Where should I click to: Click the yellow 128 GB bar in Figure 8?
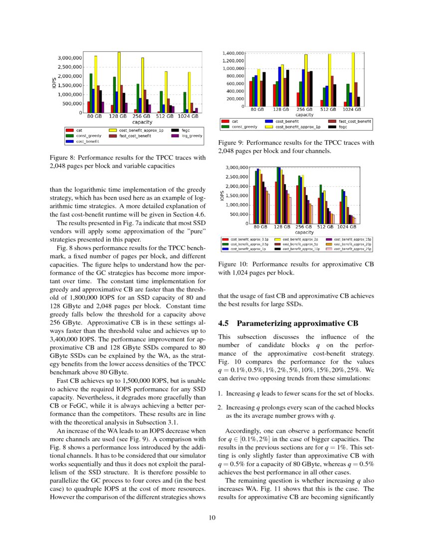(119, 82)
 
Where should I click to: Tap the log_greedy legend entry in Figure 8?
(184, 135)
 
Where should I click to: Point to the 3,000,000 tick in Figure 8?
(70, 58)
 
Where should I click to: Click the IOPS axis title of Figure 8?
(53, 82)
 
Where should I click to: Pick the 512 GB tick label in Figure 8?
(165, 116)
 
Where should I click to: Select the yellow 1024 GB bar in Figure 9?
(353, 79)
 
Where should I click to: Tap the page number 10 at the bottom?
(212, 518)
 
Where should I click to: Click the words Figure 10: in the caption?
(234, 265)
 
